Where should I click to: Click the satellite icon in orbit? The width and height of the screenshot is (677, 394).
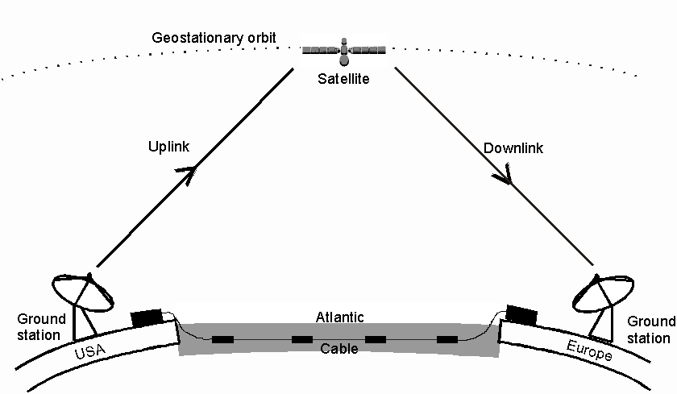(344, 51)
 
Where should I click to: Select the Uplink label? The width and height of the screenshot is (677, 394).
(168, 147)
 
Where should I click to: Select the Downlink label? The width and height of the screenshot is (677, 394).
(513, 148)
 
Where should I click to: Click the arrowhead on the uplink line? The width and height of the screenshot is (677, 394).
(190, 172)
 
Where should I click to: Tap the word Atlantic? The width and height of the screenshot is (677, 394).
(339, 317)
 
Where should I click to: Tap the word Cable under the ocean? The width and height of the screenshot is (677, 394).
(339, 350)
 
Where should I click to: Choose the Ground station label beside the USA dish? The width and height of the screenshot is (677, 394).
(36, 327)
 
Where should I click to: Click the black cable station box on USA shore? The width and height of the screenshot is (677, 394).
(147, 317)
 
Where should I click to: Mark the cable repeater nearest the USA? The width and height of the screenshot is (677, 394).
(223, 339)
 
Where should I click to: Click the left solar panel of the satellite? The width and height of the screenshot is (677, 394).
(321, 50)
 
